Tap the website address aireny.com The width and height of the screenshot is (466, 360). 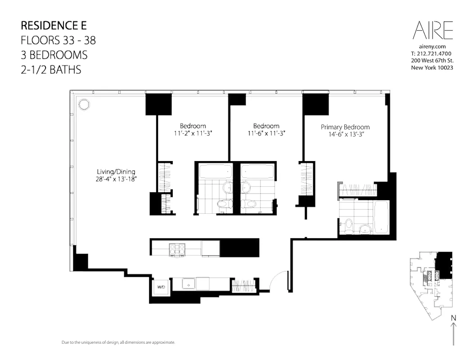(x=432, y=46)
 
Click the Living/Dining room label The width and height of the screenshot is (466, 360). (x=116, y=172)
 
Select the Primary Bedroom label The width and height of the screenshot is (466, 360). (x=345, y=127)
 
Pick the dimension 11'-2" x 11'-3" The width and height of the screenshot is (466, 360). (x=193, y=133)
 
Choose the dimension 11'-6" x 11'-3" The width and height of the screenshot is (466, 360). (x=266, y=133)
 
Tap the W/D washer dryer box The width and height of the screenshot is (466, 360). (x=161, y=287)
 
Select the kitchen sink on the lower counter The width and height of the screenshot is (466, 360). (x=189, y=283)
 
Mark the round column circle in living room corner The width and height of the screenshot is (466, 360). (x=83, y=104)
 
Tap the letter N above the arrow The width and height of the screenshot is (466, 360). (x=452, y=319)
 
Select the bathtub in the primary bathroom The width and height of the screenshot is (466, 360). (x=381, y=217)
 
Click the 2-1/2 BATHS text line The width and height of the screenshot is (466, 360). (x=51, y=70)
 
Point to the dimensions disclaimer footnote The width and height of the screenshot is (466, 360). (x=118, y=343)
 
